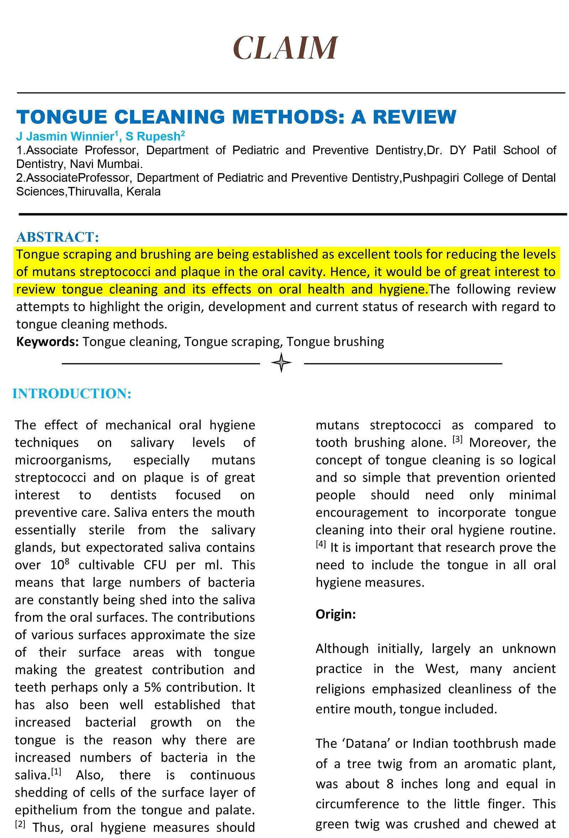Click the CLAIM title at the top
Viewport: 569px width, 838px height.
click(285, 48)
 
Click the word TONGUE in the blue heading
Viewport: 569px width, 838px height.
click(62, 117)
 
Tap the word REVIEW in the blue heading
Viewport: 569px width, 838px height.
click(414, 117)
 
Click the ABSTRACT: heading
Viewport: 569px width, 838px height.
click(57, 237)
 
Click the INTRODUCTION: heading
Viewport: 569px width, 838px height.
click(72, 393)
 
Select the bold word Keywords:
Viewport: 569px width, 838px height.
click(47, 342)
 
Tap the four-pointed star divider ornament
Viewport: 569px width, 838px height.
click(281, 363)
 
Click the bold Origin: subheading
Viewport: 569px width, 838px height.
click(335, 614)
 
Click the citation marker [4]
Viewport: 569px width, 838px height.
click(321, 544)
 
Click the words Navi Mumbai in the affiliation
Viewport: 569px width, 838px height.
click(106, 164)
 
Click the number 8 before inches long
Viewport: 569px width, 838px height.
click(389, 784)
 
